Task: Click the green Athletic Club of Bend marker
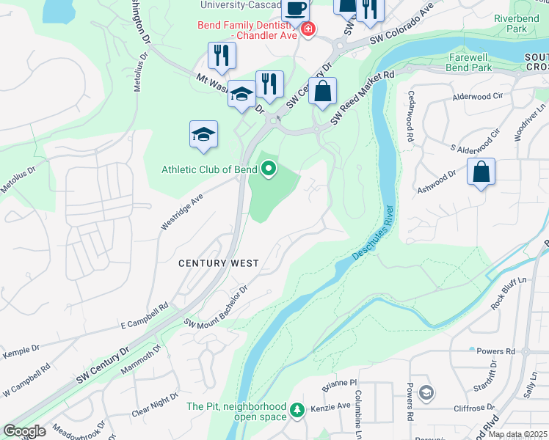point(269,169)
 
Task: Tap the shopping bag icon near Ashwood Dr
point(481,172)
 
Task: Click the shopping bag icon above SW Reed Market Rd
point(322,92)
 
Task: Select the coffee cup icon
point(295,9)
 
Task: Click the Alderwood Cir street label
point(478,96)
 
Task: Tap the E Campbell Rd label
point(145,316)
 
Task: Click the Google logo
point(25,430)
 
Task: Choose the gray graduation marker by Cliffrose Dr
point(426,394)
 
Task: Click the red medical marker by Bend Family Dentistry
point(307,30)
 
